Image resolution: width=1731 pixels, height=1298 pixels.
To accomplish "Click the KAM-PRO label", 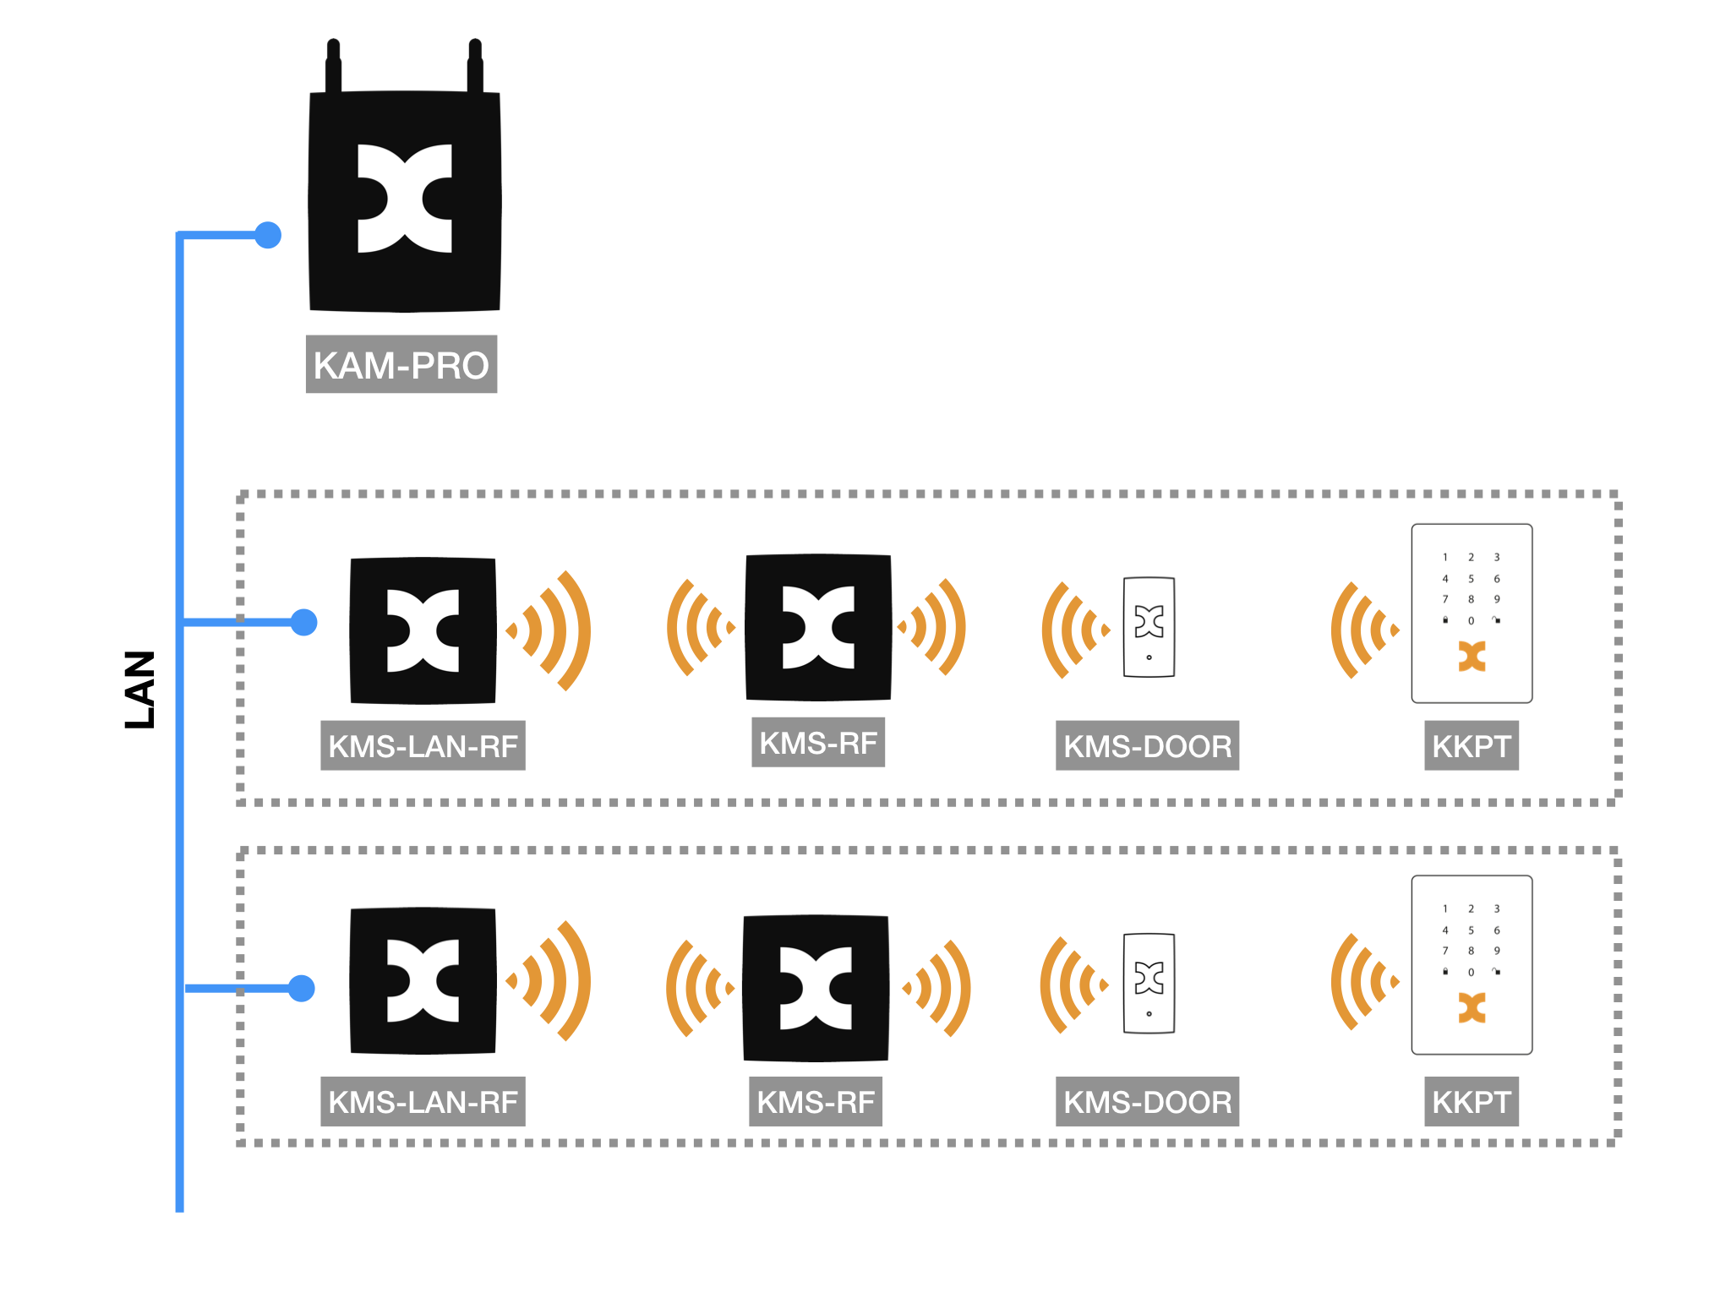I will tap(401, 364).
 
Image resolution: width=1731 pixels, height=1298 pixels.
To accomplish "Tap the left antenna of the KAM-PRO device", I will tap(333, 66).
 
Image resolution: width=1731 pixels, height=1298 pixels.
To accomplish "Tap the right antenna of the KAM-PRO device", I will tap(475, 66).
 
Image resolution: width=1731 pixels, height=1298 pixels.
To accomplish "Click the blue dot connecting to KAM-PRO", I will tap(268, 235).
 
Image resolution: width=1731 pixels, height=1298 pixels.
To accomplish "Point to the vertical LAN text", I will tap(140, 690).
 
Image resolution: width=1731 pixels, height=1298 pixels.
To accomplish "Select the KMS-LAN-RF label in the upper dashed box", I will tap(423, 745).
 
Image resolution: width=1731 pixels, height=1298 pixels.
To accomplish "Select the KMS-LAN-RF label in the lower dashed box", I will tap(423, 1101).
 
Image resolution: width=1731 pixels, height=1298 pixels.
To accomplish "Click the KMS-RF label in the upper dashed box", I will tap(817, 742).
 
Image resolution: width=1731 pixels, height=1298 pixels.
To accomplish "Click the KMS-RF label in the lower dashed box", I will tap(815, 1101).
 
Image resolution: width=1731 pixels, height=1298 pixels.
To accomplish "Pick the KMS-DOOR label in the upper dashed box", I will tap(1147, 745).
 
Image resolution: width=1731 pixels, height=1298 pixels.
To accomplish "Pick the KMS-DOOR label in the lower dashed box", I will tap(1147, 1101).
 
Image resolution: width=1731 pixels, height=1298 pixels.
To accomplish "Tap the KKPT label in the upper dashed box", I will tap(1471, 745).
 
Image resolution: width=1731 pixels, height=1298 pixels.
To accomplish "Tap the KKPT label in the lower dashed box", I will tap(1471, 1101).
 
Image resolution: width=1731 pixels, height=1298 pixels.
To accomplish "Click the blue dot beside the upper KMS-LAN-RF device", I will tap(303, 622).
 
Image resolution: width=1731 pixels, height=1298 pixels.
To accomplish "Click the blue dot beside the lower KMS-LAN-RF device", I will tap(302, 988).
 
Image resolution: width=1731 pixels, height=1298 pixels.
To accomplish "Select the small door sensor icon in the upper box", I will tap(1149, 627).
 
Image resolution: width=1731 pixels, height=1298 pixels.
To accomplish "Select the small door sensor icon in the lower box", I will tap(1149, 983).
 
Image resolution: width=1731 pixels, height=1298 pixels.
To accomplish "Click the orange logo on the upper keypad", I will tap(1472, 656).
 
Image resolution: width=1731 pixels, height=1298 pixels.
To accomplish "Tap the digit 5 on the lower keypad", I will tap(1471, 930).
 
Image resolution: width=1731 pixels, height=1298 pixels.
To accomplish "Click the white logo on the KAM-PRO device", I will tap(404, 199).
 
